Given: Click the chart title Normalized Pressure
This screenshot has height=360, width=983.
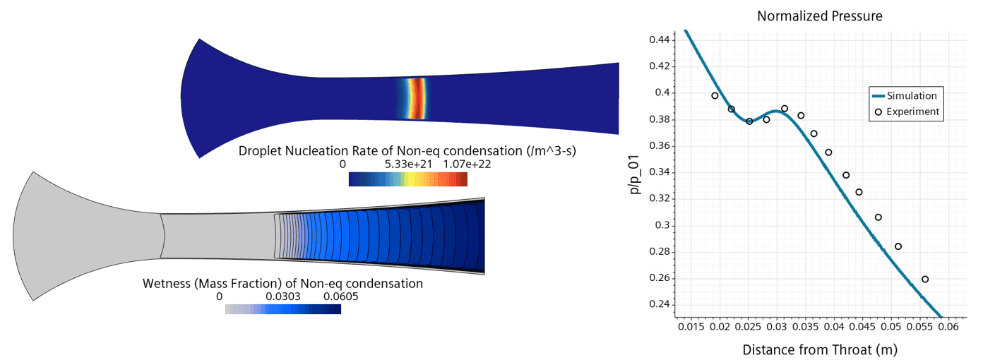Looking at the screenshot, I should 820,16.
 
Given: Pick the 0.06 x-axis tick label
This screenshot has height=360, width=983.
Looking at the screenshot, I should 948,328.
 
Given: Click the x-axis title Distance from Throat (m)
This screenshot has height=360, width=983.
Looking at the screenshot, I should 819,349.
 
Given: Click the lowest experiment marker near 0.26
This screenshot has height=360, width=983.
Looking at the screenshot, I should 925,280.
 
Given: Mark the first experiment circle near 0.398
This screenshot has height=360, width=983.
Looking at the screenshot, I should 715,96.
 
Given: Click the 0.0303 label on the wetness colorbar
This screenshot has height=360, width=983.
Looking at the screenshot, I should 283,296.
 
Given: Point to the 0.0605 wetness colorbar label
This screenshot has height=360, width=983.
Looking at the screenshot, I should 341,296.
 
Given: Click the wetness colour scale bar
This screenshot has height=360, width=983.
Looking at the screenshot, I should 282,309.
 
